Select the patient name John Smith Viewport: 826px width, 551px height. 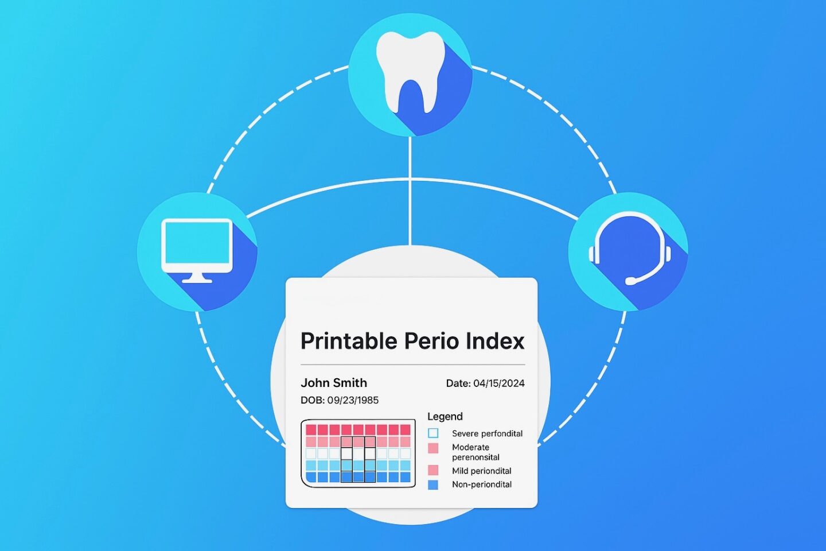click(334, 383)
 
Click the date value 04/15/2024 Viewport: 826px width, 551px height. click(499, 383)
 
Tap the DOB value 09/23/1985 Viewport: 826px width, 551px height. click(353, 401)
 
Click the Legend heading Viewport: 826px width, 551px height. click(445, 417)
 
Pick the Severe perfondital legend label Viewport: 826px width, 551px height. click(487, 434)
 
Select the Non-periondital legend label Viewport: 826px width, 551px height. click(482, 484)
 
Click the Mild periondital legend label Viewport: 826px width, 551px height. click(482, 471)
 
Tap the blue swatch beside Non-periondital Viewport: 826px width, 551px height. click(433, 485)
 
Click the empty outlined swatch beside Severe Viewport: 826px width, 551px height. click(433, 433)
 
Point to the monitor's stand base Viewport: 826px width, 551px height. click(197, 281)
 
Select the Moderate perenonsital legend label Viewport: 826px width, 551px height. click(476, 452)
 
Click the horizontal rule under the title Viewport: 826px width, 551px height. click(412, 364)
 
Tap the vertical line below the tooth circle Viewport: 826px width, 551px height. click(410, 191)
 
